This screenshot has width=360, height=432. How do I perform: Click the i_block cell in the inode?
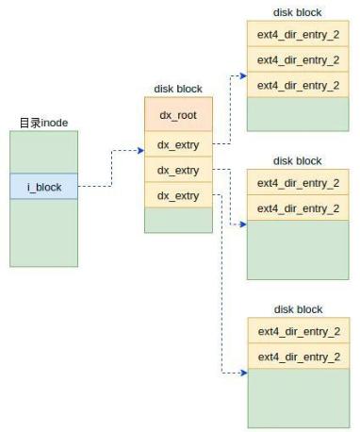[x=44, y=187]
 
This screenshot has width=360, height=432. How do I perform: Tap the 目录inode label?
[x=43, y=123]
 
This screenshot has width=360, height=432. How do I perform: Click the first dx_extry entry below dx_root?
[x=178, y=146]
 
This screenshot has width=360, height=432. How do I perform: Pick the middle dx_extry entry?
[x=178, y=171]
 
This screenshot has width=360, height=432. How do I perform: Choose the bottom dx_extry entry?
[x=178, y=195]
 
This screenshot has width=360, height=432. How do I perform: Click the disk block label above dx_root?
[x=178, y=89]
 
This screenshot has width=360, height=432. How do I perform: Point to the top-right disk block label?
[x=298, y=12]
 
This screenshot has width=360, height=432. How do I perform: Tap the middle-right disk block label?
[x=298, y=161]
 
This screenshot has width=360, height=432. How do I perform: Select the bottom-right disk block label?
[x=298, y=309]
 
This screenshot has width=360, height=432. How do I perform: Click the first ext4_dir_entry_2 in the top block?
[x=298, y=35]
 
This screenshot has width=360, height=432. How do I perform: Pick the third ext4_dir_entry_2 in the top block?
[x=298, y=85]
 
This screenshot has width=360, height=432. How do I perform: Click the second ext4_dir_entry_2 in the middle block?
[x=298, y=208]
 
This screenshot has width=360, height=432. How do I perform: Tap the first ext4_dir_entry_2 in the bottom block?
[x=298, y=332]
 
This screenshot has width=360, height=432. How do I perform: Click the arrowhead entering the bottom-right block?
[x=242, y=374]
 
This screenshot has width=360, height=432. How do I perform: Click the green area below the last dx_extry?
[x=178, y=220]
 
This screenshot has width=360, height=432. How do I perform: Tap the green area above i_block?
[x=44, y=152]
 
